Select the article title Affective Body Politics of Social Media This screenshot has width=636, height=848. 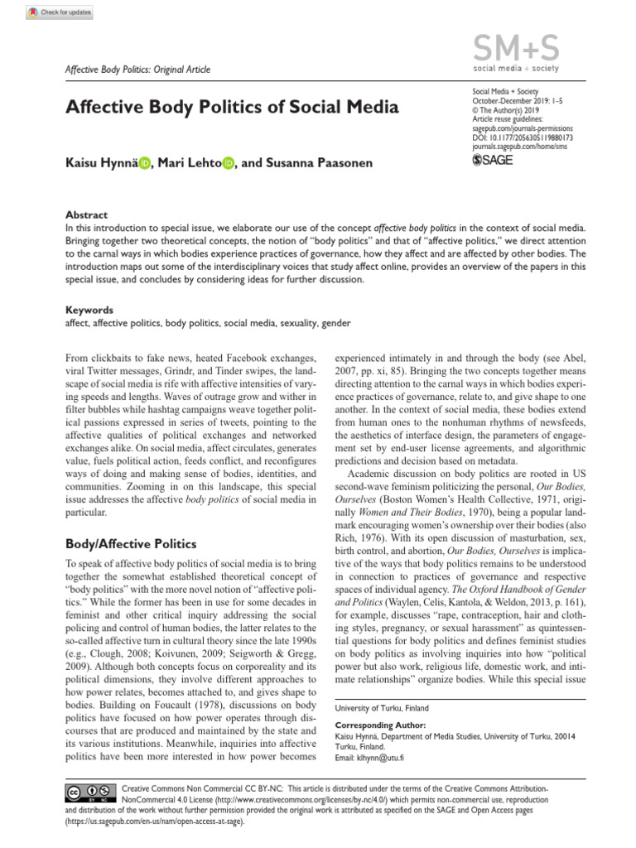[232, 107]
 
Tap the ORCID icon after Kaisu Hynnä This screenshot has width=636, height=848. [146, 164]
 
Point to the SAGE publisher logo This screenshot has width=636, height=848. [492, 160]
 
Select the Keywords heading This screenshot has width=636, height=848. [89, 310]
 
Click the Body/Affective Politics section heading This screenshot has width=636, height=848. [130, 543]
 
